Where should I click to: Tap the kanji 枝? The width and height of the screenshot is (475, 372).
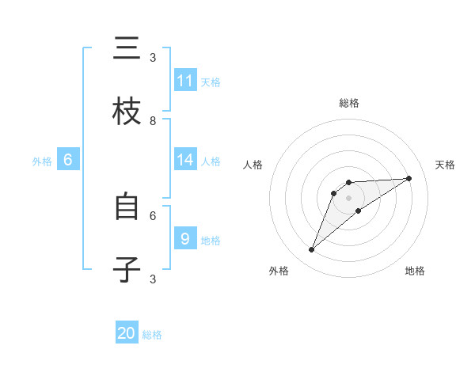[x=127, y=112]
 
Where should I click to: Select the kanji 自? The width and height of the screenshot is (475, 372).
[x=127, y=207]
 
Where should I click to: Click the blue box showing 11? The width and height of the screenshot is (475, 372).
[x=185, y=81]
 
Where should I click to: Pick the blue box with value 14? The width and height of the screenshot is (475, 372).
[x=185, y=160]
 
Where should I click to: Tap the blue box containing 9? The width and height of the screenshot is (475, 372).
[x=185, y=238]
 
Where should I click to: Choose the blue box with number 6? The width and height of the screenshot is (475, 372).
[x=68, y=160]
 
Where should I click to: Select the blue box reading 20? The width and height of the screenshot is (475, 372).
[x=127, y=333]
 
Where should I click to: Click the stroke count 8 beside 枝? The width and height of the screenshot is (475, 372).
[x=153, y=120]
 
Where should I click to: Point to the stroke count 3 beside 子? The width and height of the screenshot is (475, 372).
[x=153, y=279]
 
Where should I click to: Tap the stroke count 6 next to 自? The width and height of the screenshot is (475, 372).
[x=153, y=214]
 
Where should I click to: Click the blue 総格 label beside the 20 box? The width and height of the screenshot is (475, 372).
[x=152, y=335]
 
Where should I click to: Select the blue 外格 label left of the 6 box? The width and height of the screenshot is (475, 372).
[x=42, y=161]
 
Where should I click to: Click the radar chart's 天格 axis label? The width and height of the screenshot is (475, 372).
[x=446, y=165]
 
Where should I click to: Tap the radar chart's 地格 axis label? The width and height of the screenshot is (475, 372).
[x=415, y=271]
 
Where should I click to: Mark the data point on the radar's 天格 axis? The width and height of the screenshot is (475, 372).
[x=409, y=178]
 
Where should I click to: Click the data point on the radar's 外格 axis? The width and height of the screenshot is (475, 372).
[x=311, y=250]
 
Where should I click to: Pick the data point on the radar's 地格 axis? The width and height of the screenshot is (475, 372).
[x=359, y=211]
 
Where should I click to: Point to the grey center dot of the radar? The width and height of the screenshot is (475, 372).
[x=349, y=197]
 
